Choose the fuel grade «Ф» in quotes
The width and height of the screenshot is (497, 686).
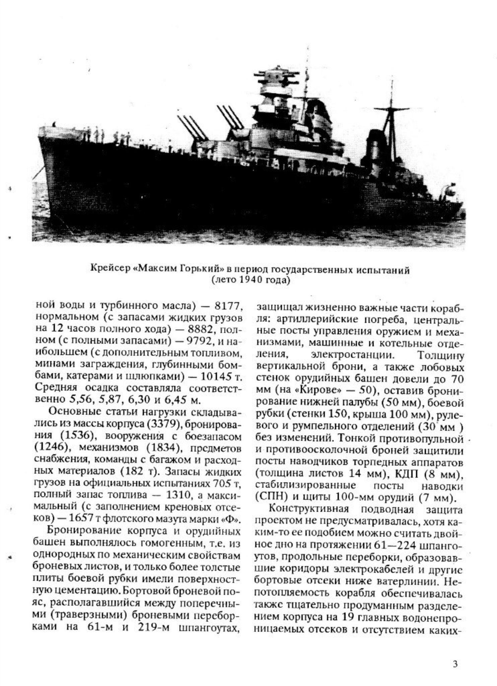point(232,519)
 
